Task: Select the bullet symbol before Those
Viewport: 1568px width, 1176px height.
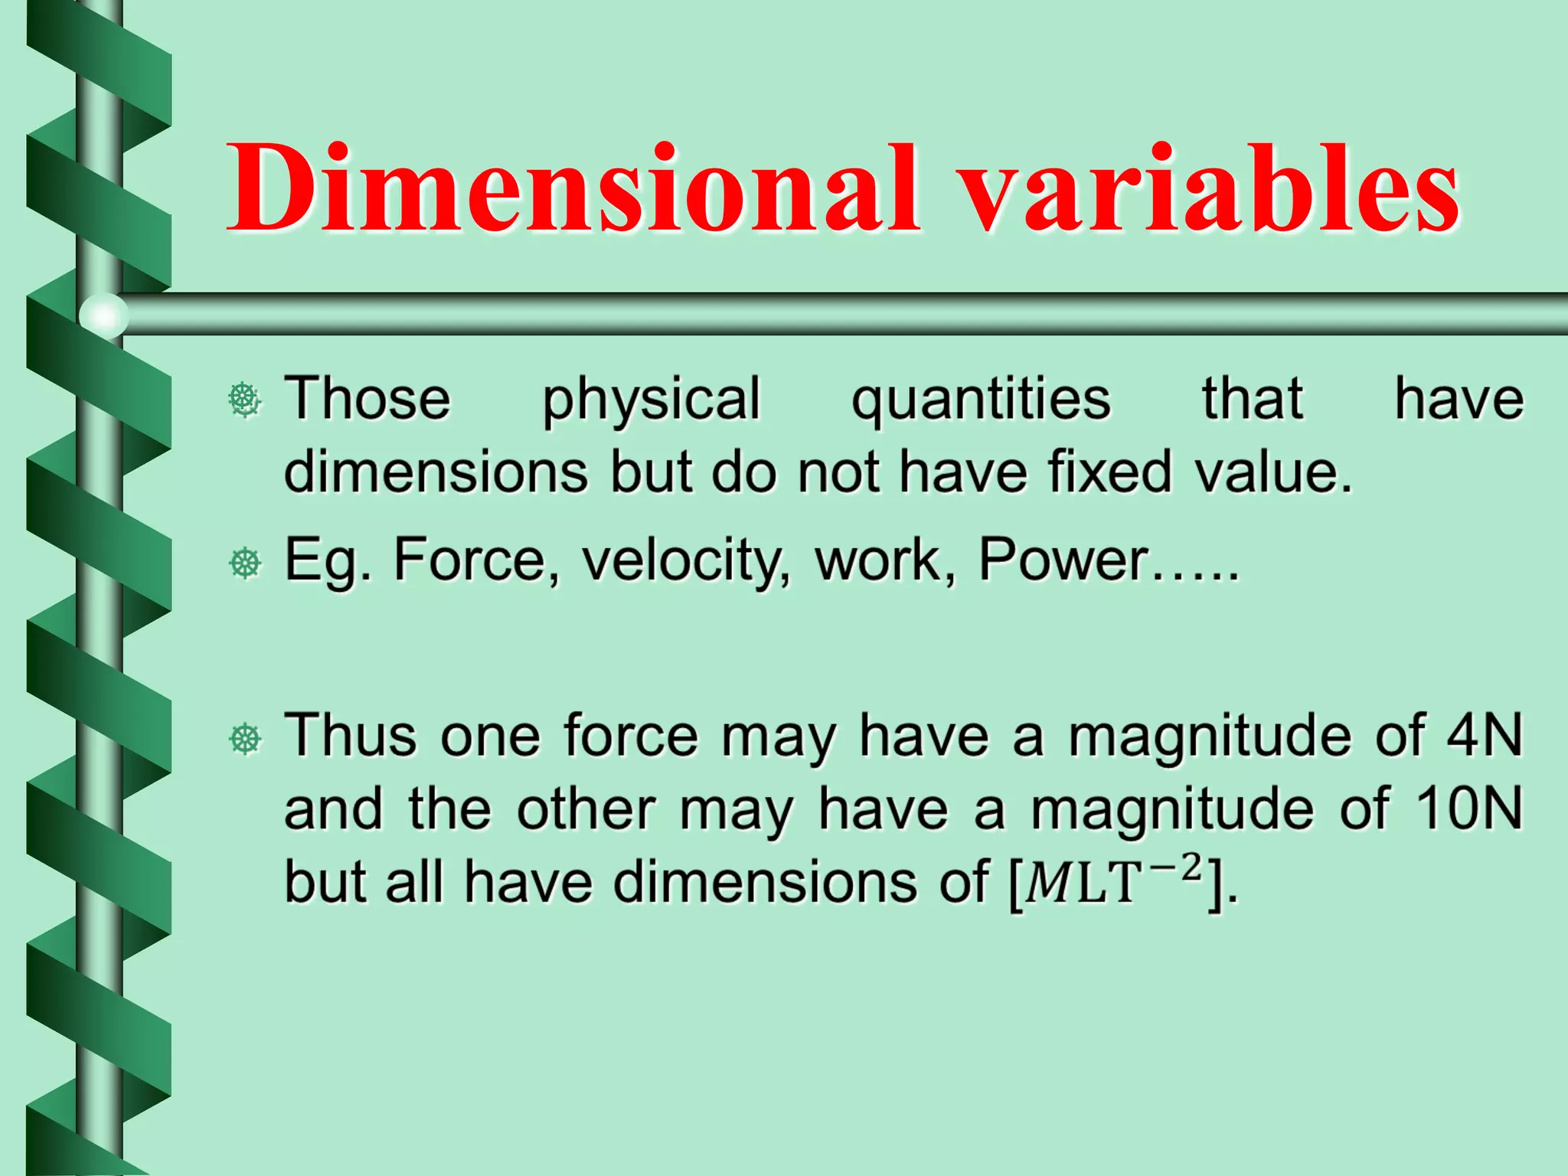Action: click(x=245, y=400)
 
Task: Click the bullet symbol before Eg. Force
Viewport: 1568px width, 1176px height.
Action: click(x=245, y=563)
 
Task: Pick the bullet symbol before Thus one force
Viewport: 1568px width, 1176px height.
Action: click(x=245, y=739)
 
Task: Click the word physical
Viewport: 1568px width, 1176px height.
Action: click(x=651, y=400)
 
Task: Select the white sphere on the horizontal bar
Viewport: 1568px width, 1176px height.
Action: click(x=103, y=315)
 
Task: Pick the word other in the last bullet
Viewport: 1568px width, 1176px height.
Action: click(x=586, y=808)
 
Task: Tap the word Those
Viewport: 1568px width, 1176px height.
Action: click(x=367, y=400)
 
